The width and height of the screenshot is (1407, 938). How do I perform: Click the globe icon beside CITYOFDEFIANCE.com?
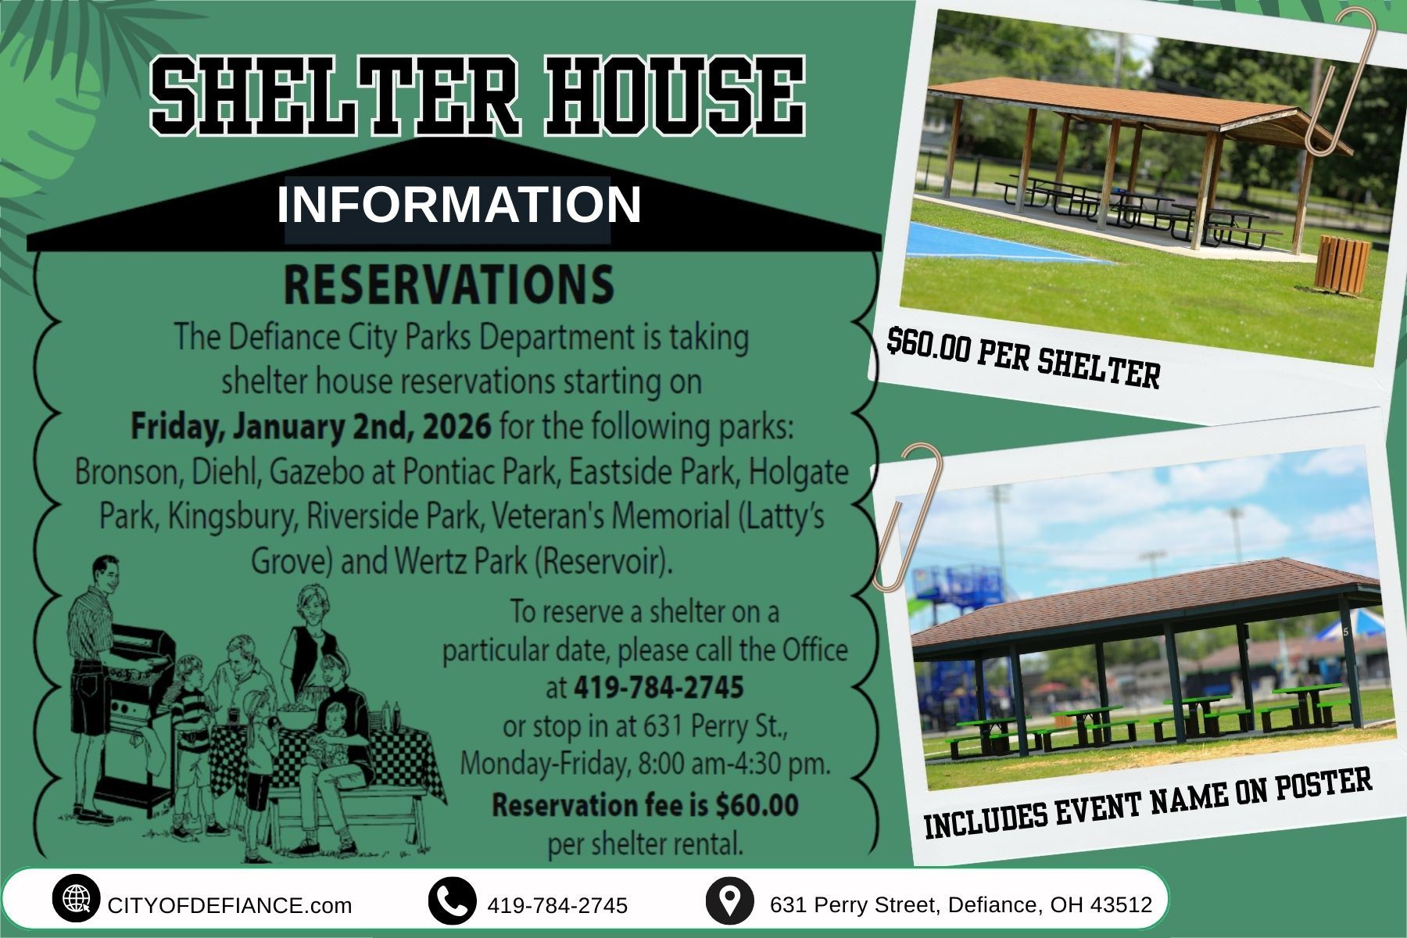click(76, 900)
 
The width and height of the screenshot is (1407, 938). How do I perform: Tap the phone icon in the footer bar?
click(452, 900)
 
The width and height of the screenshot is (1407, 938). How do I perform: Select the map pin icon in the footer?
click(729, 900)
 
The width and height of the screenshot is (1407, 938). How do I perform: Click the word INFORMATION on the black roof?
click(459, 204)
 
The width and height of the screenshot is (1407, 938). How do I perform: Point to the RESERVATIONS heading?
click(449, 284)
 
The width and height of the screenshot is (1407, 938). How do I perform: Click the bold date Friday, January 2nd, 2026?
click(311, 427)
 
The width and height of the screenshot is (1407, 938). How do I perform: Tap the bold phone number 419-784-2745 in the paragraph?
click(658, 688)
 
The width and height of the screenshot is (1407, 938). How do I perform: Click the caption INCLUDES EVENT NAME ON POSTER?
click(1147, 802)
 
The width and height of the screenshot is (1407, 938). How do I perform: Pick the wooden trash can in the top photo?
click(1342, 263)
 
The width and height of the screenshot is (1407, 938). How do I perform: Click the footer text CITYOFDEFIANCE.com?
click(230, 905)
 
